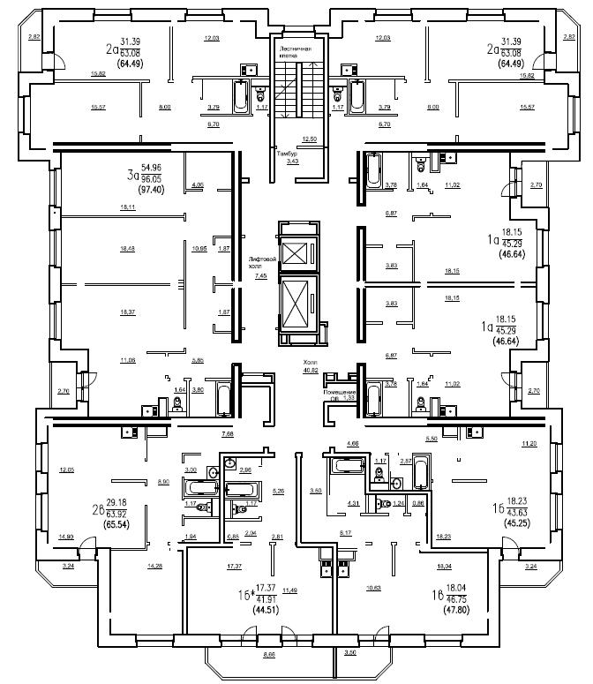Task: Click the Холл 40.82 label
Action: pyautogui.click(x=309, y=366)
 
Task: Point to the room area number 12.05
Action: pyautogui.click(x=66, y=470)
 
